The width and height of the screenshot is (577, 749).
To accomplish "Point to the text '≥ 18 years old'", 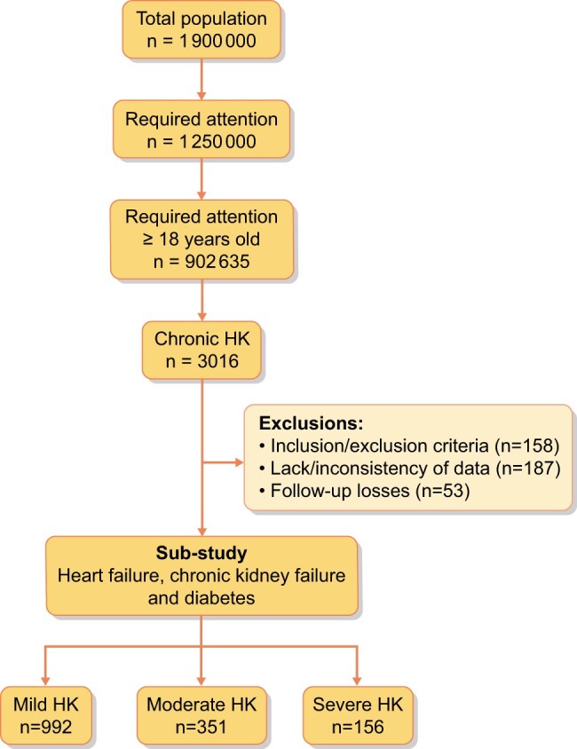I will click(202, 239).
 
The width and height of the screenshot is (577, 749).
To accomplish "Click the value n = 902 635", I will click(202, 260).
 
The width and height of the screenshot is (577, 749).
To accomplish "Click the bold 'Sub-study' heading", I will click(202, 555).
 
